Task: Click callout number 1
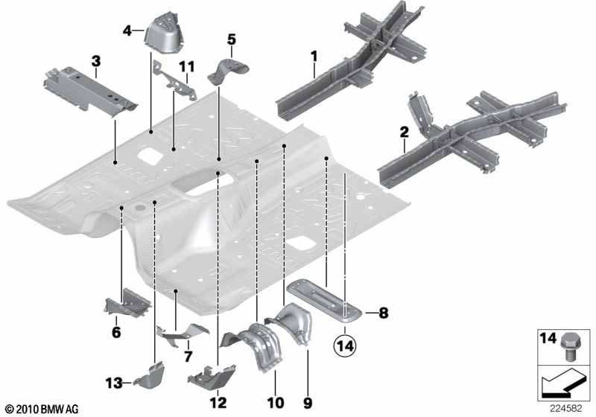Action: (314, 55)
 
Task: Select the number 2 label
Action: (404, 132)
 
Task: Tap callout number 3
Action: (95, 60)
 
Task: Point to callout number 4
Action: (127, 31)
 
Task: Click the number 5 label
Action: (231, 39)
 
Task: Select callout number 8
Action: (384, 313)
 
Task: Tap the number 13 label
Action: (112, 383)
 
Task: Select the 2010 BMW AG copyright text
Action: (41, 409)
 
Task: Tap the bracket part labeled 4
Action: (164, 34)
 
